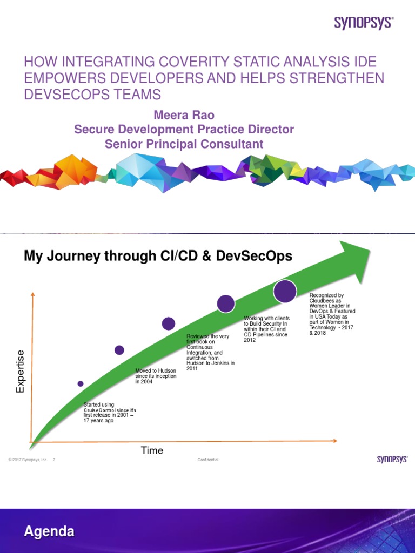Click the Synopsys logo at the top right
point(364,23)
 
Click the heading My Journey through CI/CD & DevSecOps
point(158,256)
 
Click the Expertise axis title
point(21,371)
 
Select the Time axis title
point(152,450)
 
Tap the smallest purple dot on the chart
point(81,383)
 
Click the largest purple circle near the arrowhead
point(285,291)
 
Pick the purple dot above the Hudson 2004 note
point(119,350)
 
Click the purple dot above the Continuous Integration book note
point(169,323)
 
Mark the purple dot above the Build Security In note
point(225,304)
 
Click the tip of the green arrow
point(369,248)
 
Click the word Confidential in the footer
point(208,460)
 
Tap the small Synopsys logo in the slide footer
point(392,459)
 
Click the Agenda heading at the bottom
point(49,531)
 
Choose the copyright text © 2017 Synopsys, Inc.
point(28,460)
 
